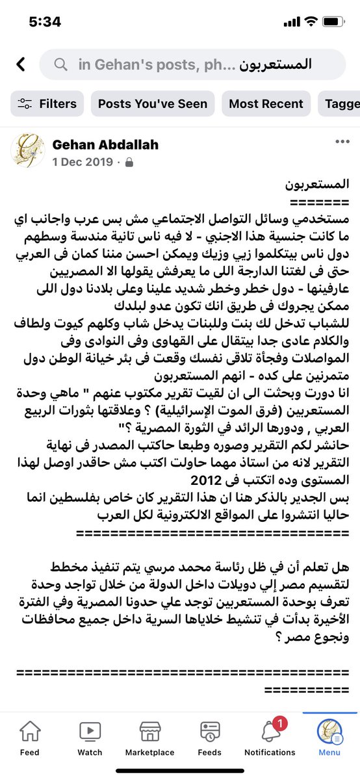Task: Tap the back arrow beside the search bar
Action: [x=21, y=64]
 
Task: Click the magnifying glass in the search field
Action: [x=60, y=64]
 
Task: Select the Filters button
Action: [x=47, y=103]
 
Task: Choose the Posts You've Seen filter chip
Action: [x=153, y=103]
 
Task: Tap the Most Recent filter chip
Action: [x=266, y=103]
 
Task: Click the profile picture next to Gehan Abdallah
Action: [x=27, y=151]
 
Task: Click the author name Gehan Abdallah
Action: [x=105, y=144]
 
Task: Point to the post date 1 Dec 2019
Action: [x=82, y=161]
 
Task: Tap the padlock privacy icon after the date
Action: [x=129, y=161]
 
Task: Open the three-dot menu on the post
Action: [x=342, y=142]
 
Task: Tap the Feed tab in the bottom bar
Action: [x=30, y=738]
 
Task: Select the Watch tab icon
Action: [x=90, y=731]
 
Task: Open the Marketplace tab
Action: [x=150, y=738]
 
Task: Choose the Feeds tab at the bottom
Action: [x=210, y=738]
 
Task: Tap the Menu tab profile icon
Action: [x=329, y=732]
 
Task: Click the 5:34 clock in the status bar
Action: [x=45, y=21]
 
